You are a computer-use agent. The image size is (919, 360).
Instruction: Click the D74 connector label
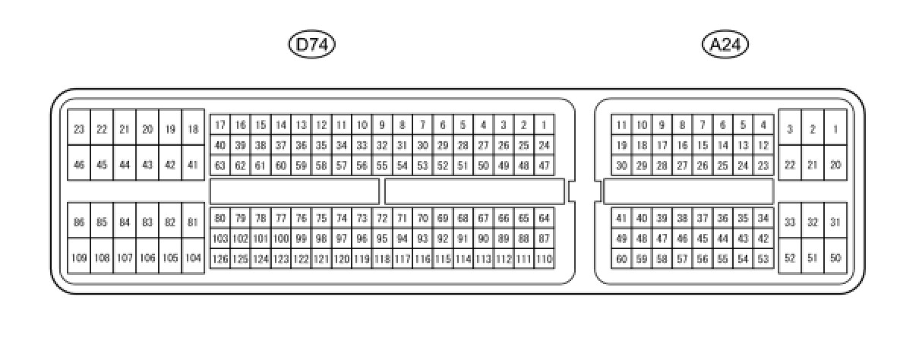click(311, 45)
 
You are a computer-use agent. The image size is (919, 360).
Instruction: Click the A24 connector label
click(725, 45)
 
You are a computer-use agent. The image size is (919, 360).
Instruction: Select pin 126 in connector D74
click(219, 259)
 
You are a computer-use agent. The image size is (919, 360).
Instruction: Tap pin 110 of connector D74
click(544, 259)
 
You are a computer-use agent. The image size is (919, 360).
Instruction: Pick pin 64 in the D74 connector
click(544, 219)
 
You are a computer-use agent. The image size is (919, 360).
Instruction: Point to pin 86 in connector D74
click(79, 223)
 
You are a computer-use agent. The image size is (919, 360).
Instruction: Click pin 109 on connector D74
click(79, 258)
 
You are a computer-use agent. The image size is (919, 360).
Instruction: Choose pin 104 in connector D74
click(193, 258)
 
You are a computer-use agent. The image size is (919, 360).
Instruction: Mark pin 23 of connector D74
click(79, 130)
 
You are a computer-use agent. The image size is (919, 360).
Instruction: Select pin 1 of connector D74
click(544, 125)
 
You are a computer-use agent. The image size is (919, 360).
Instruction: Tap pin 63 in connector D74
click(219, 165)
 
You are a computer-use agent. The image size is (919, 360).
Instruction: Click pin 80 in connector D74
click(219, 219)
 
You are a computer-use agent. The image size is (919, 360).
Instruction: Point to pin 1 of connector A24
click(835, 130)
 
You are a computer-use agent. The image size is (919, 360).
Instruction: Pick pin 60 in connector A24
click(621, 259)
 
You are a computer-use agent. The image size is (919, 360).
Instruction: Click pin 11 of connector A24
click(621, 125)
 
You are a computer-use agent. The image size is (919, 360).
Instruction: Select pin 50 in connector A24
click(835, 258)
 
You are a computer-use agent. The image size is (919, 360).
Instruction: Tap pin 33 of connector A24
click(790, 223)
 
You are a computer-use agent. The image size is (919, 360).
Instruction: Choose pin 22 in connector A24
click(790, 165)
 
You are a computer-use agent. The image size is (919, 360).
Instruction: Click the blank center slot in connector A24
click(688, 191)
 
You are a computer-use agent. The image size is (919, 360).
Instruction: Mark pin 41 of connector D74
click(193, 165)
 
